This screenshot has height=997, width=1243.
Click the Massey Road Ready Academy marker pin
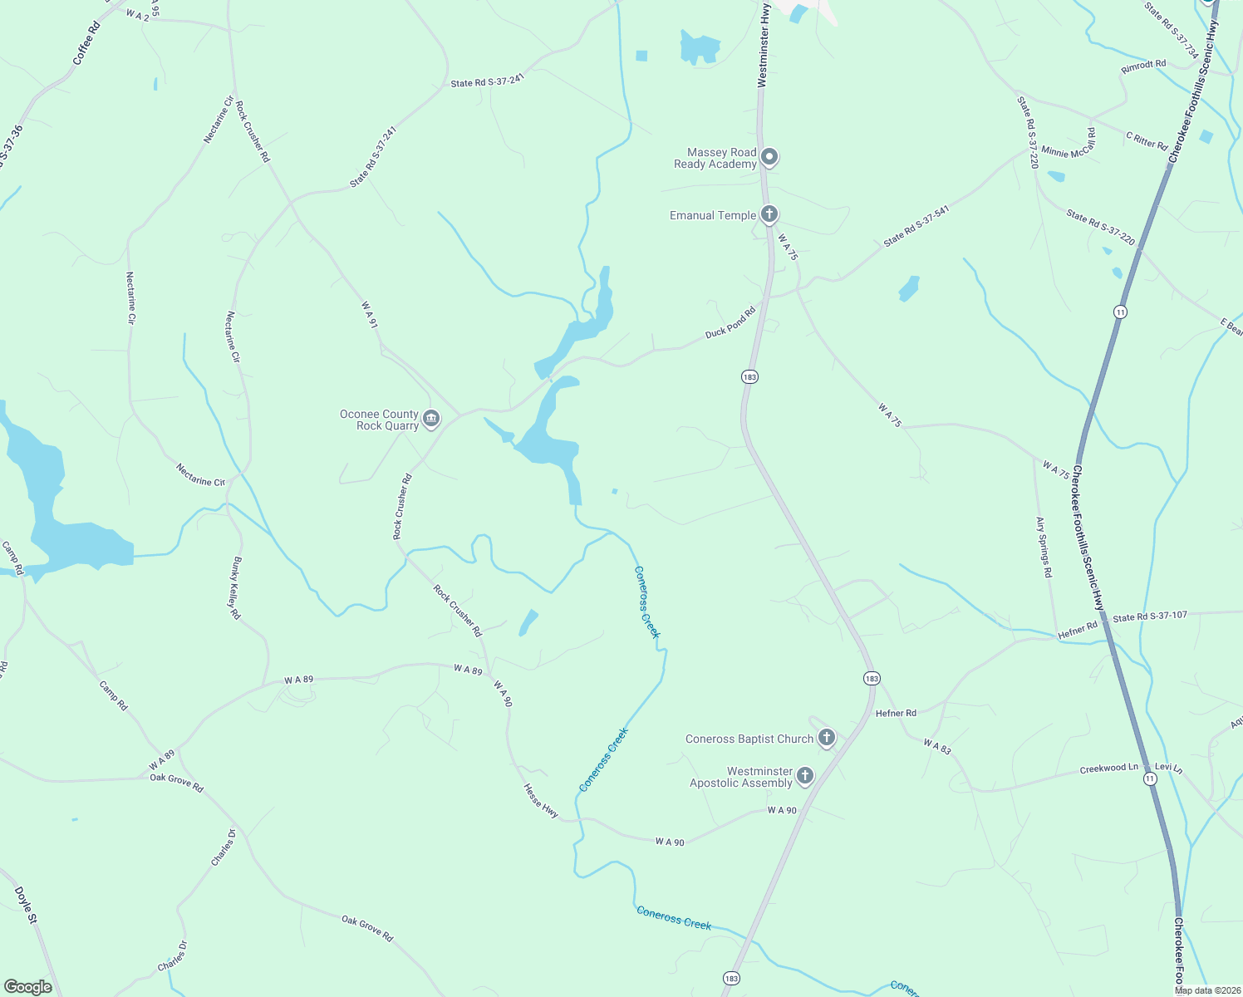click(x=770, y=157)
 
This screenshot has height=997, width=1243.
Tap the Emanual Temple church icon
click(x=769, y=214)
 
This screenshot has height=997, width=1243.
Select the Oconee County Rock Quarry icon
click(x=430, y=419)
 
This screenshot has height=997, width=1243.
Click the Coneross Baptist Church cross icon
click(x=826, y=737)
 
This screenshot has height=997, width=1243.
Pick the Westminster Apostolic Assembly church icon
click(x=804, y=776)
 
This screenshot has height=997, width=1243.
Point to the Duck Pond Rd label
click(x=730, y=322)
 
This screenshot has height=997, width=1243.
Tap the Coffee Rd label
click(x=86, y=43)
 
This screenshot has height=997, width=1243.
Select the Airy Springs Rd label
click(x=1044, y=547)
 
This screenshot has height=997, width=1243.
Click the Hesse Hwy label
click(x=541, y=801)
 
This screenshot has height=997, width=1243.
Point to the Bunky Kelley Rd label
click(x=236, y=588)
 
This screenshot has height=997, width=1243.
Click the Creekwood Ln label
click(x=1108, y=769)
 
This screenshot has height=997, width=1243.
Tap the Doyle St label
click(x=26, y=906)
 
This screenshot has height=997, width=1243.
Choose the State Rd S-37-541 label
click(x=916, y=226)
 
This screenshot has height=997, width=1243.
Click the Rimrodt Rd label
click(x=1143, y=66)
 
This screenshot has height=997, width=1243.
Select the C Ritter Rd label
click(x=1147, y=140)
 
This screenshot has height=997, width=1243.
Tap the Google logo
click(x=27, y=986)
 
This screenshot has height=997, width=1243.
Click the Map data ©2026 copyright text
click(x=1208, y=990)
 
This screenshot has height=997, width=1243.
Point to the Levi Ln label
click(x=1168, y=769)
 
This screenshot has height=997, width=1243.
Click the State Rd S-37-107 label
click(x=1150, y=617)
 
